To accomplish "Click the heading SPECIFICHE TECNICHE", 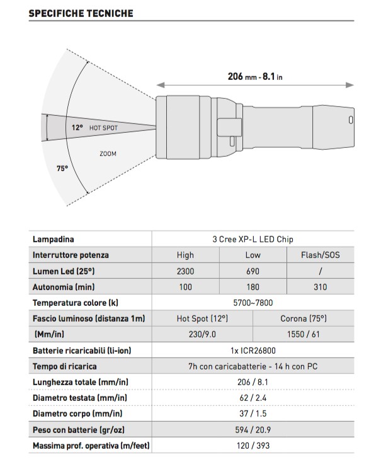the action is pyautogui.click(x=81, y=13).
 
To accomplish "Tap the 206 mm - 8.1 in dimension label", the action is pyautogui.click(x=255, y=77).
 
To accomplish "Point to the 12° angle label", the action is pyautogui.click(x=77, y=128).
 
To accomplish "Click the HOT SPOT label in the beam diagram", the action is pyautogui.click(x=103, y=128).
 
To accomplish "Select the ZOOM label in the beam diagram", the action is pyautogui.click(x=108, y=154).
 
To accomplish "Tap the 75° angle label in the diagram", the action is pyautogui.click(x=62, y=169).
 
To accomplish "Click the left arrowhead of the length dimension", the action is pyautogui.click(x=161, y=85).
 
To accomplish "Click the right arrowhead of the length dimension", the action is pyautogui.click(x=350, y=85).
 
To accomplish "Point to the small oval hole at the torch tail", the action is pyautogui.click(x=351, y=120).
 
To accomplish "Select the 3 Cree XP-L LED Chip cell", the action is pyautogui.click(x=253, y=239).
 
